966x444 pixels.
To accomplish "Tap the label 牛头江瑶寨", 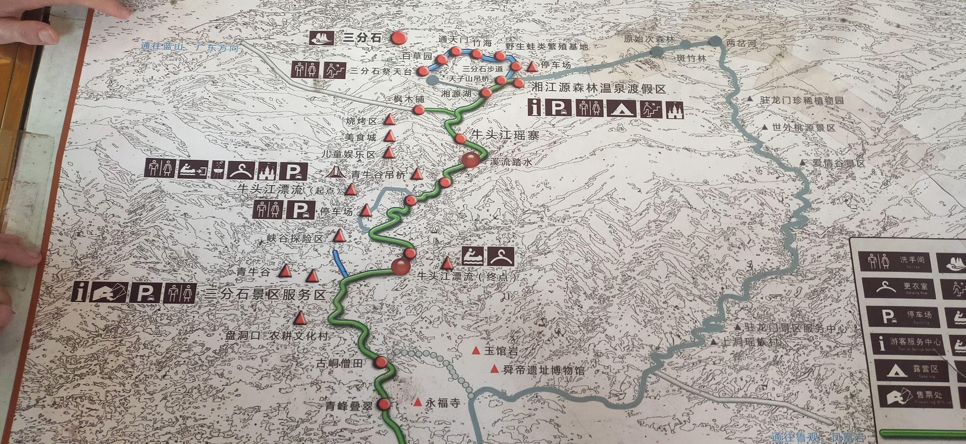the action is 505,135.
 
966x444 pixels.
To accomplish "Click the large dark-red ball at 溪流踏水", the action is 470,160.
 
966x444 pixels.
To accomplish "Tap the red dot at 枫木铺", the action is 419,110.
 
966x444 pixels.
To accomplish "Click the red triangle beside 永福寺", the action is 417,402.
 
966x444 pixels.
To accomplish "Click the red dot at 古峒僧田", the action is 381,362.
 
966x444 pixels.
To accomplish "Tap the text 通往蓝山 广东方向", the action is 190,48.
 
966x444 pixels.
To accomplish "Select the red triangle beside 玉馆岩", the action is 476,350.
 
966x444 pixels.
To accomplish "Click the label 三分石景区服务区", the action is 264,295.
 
